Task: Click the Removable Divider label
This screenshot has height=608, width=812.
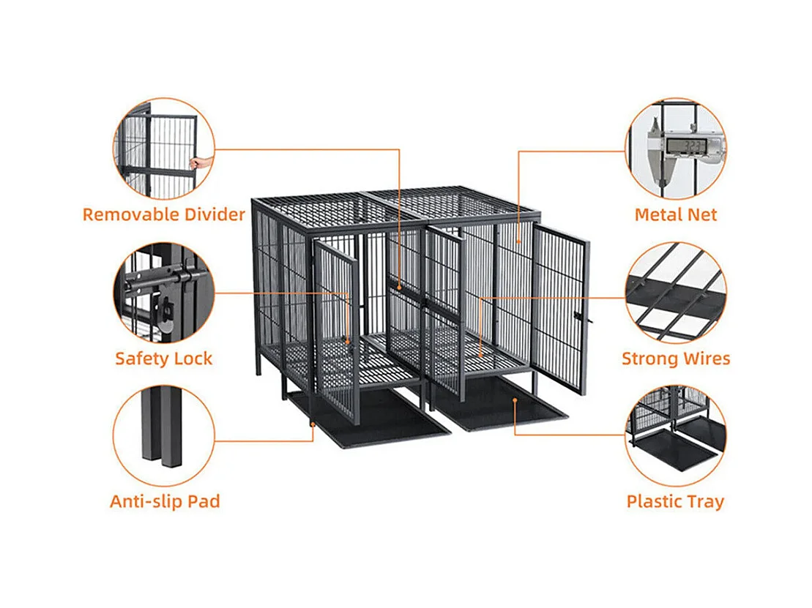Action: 163,214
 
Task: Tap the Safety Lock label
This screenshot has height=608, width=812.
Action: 163,359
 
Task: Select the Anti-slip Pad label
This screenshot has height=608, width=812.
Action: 164,501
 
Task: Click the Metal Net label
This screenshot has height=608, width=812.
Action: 675,214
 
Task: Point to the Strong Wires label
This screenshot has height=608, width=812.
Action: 675,359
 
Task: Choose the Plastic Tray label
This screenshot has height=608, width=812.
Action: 675,501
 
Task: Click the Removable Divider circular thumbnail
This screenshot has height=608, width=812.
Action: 164,149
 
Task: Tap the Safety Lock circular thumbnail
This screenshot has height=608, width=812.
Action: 164,293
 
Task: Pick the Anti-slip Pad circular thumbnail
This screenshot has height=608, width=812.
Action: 164,437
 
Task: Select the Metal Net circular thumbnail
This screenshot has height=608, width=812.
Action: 675,149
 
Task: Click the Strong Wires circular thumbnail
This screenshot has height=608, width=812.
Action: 675,293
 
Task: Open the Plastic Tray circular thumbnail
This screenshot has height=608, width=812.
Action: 675,437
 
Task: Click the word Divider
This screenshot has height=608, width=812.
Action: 212,214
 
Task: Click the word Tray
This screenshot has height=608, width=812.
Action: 704,501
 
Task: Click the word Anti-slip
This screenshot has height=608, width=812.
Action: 141,501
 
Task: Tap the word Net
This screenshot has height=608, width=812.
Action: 701,214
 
